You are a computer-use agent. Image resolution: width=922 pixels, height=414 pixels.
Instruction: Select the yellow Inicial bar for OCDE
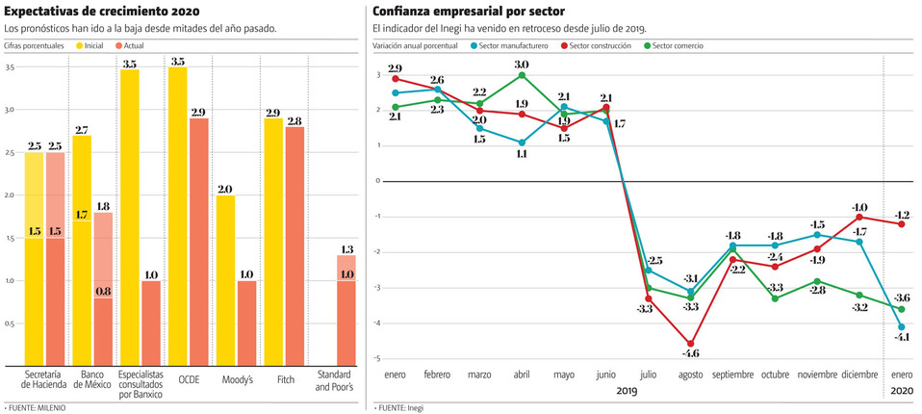click(177, 217)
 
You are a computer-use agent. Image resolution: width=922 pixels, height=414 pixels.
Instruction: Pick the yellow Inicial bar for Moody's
click(225, 279)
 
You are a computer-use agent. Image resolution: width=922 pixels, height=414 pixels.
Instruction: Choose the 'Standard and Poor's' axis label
click(335, 379)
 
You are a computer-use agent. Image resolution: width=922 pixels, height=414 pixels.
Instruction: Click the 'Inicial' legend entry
click(92, 45)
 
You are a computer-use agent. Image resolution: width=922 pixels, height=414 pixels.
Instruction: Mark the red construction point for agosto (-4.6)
click(690, 344)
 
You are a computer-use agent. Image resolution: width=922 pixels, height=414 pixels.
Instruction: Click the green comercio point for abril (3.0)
click(522, 75)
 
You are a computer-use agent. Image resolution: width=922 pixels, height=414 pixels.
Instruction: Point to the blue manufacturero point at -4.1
click(902, 326)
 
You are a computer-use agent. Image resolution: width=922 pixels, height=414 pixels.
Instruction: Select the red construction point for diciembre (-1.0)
click(859, 217)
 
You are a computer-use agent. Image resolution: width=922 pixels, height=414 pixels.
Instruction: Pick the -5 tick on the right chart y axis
click(378, 358)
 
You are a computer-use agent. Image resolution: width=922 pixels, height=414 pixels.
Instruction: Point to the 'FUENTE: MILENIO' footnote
click(37, 407)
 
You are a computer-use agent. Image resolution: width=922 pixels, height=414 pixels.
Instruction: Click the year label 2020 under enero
click(902, 391)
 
